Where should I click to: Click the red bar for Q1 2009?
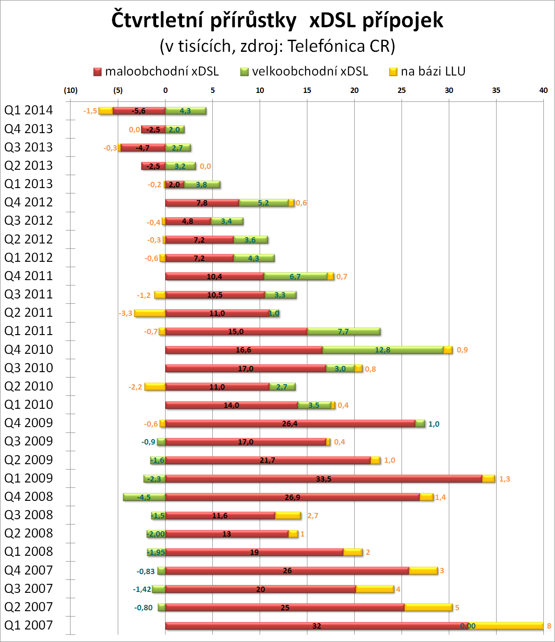(323, 479)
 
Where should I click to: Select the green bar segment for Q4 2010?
(382, 350)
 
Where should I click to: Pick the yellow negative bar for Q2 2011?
(150, 313)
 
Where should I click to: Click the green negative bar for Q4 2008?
(144, 497)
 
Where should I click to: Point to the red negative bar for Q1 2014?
(139, 111)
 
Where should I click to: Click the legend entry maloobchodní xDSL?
(156, 71)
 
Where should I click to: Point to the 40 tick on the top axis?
(543, 90)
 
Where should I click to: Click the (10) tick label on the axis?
(70, 90)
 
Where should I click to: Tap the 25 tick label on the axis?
(402, 90)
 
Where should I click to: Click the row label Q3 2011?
(29, 294)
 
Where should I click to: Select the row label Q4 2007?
(29, 570)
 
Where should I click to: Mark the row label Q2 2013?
(29, 165)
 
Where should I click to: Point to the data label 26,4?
(290, 424)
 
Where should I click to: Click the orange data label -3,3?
(125, 313)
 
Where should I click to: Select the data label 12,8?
(382, 350)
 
